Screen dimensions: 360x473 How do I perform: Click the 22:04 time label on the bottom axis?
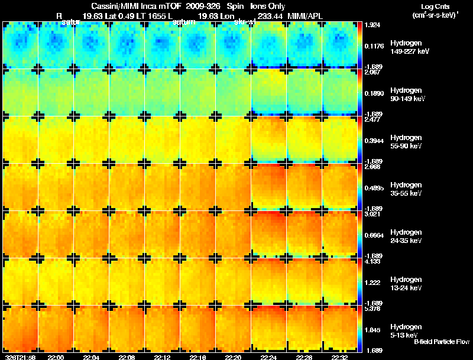(92, 357)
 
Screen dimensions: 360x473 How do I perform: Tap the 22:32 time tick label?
(340, 357)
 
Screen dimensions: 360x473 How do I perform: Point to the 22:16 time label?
(198, 357)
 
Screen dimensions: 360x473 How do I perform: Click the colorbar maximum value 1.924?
(373, 26)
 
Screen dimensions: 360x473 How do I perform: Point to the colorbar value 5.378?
(373, 309)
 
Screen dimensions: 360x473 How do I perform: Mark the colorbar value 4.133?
(373, 261)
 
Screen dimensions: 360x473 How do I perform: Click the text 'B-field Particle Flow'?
(441, 342)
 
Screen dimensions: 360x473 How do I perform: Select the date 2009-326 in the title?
(196, 7)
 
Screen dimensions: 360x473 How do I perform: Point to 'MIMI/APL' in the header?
(307, 15)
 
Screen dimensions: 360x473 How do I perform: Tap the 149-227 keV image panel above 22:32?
(340, 45)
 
